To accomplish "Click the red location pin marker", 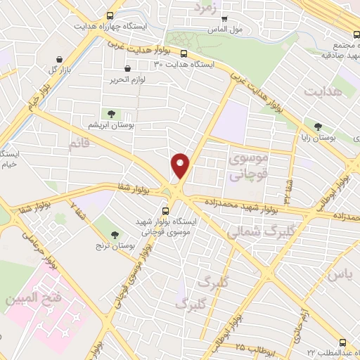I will [181, 166].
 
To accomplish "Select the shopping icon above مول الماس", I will [224, 20].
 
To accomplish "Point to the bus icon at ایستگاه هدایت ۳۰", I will [184, 54].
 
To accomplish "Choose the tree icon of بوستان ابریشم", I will [111, 113].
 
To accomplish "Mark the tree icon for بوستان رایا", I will [319, 127].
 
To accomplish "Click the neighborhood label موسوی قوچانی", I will [245, 167].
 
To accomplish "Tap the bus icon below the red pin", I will [166, 210].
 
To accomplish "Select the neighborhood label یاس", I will [337, 274].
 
